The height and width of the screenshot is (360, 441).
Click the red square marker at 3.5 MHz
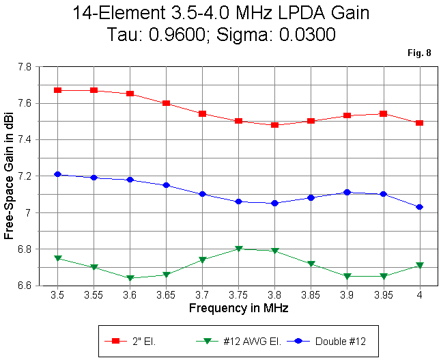(x=58, y=90)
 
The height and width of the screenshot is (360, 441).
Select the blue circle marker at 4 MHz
(x=419, y=207)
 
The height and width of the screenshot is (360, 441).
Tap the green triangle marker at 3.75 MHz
(x=238, y=249)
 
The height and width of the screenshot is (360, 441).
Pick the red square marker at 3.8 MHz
(x=274, y=125)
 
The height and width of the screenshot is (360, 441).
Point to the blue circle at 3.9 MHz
(x=347, y=193)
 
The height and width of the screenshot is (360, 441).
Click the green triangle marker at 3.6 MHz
(x=130, y=278)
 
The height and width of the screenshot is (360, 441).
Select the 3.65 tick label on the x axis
(x=166, y=296)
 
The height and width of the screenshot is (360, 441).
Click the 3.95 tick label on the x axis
(x=383, y=296)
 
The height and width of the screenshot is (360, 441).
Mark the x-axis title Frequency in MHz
(x=238, y=308)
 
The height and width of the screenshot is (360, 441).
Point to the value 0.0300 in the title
(x=305, y=36)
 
